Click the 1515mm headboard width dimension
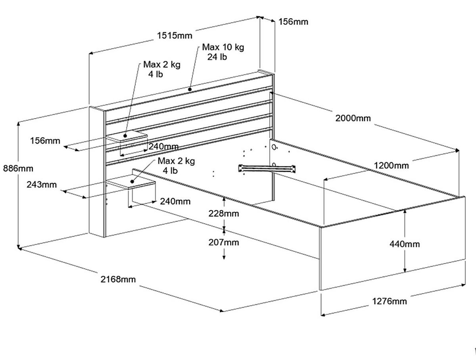click(x=174, y=35)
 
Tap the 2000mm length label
click(x=353, y=118)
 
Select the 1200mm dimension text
click(x=391, y=165)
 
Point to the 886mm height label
click(x=18, y=168)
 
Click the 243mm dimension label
click(x=42, y=185)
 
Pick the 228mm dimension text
click(x=224, y=214)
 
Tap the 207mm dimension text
click(x=224, y=242)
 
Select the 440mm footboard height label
click(x=404, y=244)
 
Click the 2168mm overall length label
click(x=118, y=279)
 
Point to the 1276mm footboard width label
click(x=389, y=301)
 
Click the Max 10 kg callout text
click(x=223, y=47)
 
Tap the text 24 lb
click(x=217, y=57)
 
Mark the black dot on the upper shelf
click(x=125, y=135)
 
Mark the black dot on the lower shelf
click(x=132, y=181)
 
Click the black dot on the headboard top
click(x=190, y=89)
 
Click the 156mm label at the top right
click(x=293, y=21)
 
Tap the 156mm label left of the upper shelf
click(x=45, y=141)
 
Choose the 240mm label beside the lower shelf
click(x=175, y=201)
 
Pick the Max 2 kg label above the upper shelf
click(x=161, y=65)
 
